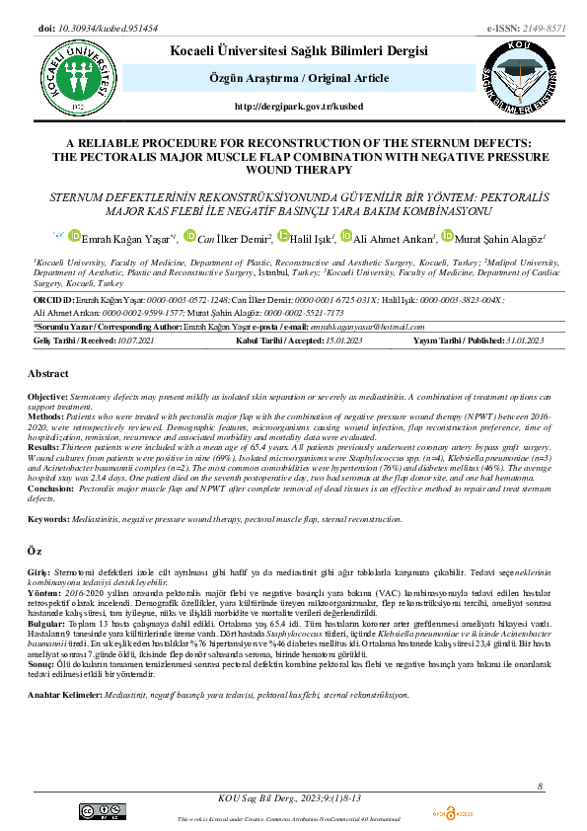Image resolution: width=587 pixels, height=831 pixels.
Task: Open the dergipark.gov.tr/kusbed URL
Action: (x=292, y=106)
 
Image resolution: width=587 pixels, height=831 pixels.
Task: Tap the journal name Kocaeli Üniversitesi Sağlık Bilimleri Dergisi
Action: (x=293, y=50)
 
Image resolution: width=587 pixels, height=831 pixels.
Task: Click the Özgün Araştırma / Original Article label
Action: (x=292, y=78)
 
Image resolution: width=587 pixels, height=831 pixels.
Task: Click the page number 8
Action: (x=541, y=786)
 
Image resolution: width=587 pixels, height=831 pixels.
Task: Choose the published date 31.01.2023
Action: (x=520, y=340)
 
